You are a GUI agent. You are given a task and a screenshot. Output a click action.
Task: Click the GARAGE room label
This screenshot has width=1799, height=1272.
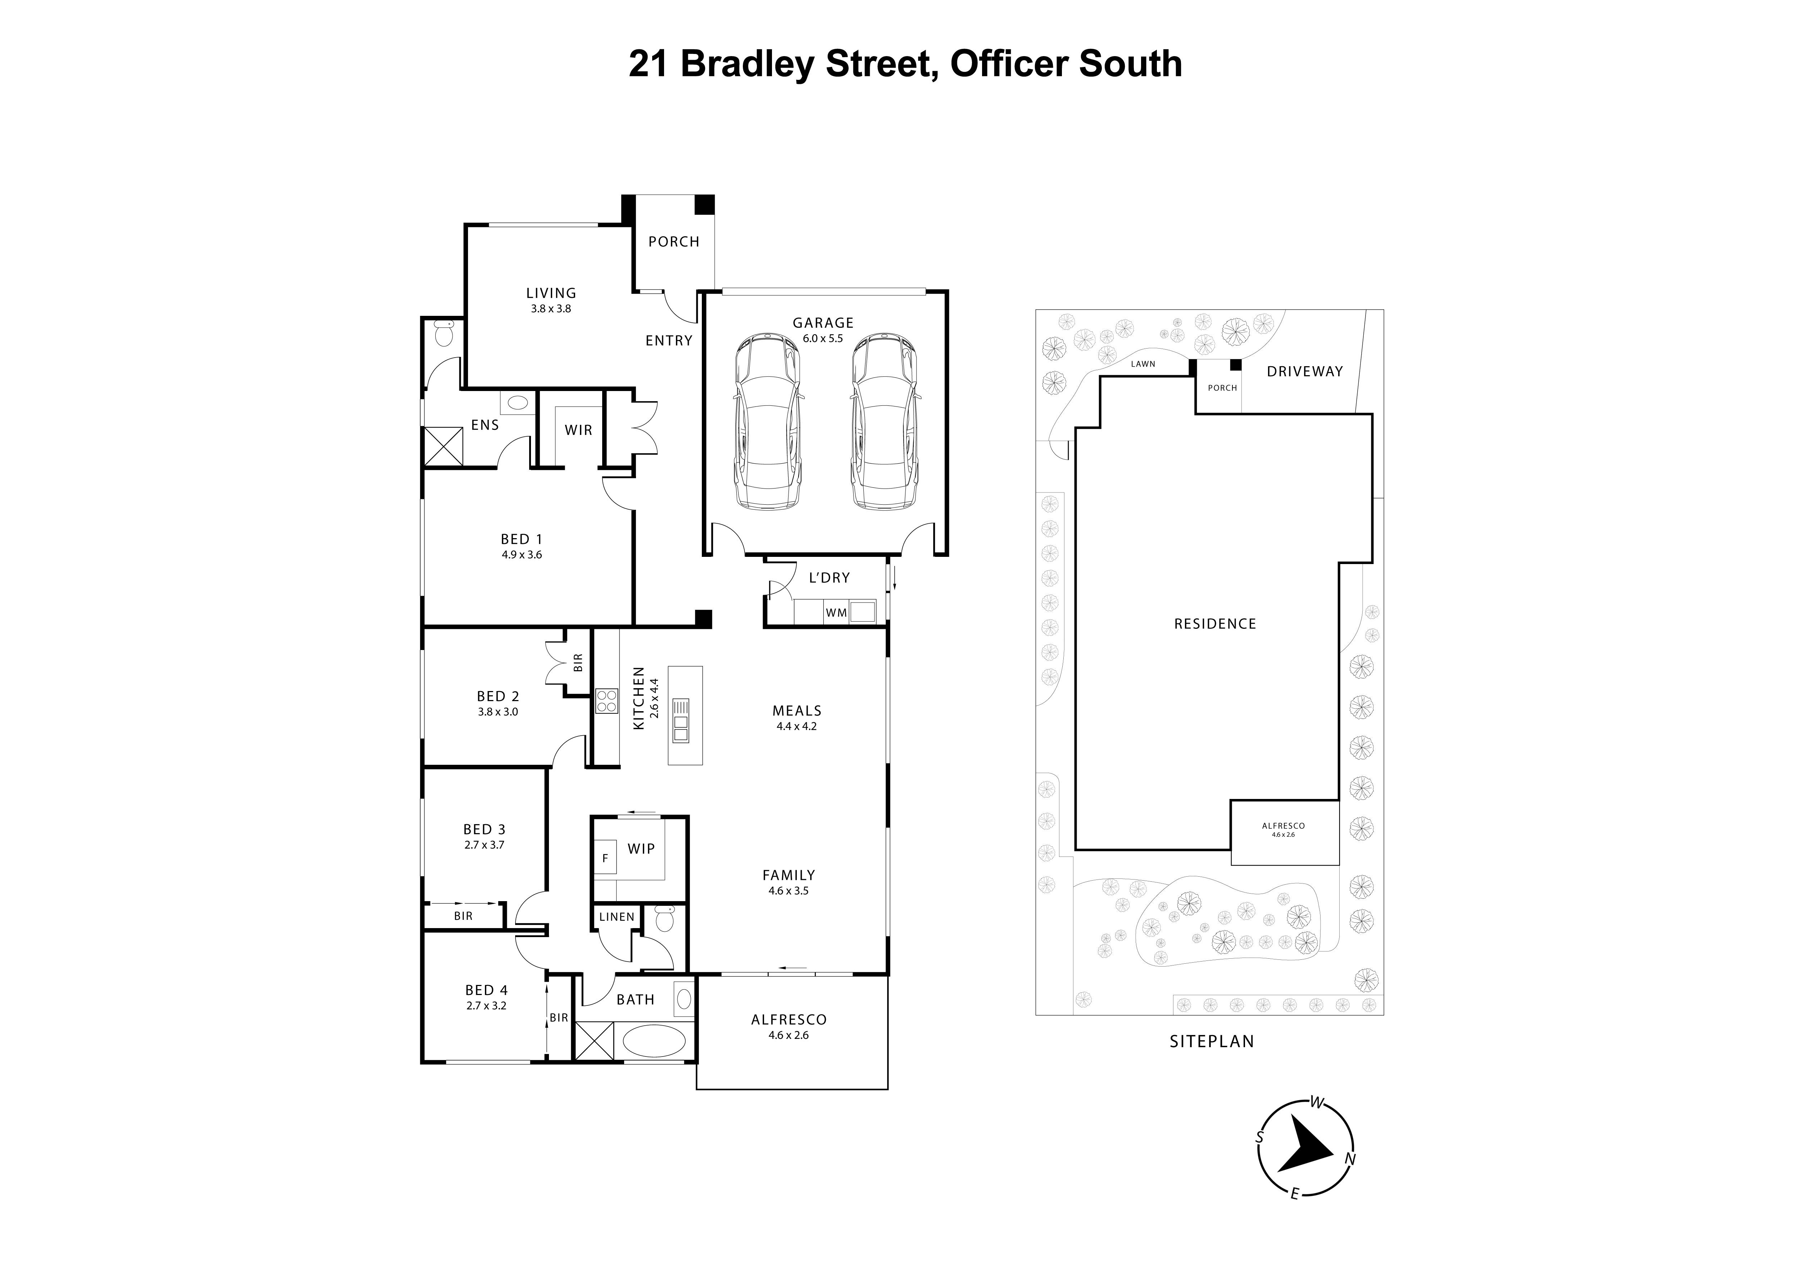[x=823, y=322]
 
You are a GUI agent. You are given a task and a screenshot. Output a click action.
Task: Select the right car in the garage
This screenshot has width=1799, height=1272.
[x=884, y=422]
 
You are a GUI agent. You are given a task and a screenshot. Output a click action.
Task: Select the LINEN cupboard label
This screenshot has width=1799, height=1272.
[x=617, y=916]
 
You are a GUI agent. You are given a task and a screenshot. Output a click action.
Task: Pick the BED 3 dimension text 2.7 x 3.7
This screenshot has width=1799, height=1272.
[x=484, y=845]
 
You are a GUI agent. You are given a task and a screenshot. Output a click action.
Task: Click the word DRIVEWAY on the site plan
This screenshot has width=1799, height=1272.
[x=1305, y=372]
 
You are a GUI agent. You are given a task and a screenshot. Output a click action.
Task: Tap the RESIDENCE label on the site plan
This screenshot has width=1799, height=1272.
[x=1214, y=624]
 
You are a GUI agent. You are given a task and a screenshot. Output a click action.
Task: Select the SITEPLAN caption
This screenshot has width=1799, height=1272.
[x=1211, y=1041]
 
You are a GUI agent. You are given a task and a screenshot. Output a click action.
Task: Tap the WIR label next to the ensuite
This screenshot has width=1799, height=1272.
[x=578, y=430]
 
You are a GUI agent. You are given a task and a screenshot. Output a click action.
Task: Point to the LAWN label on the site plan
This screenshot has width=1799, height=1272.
[x=1143, y=364]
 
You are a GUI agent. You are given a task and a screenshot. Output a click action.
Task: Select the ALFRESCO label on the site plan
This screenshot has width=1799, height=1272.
[x=1284, y=825]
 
